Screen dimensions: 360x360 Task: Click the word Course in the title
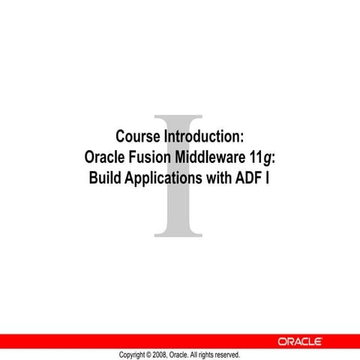(x=138, y=137)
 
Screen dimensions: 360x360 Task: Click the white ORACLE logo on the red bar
(x=300, y=341)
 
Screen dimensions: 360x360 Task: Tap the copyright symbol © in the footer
(x=148, y=354)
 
